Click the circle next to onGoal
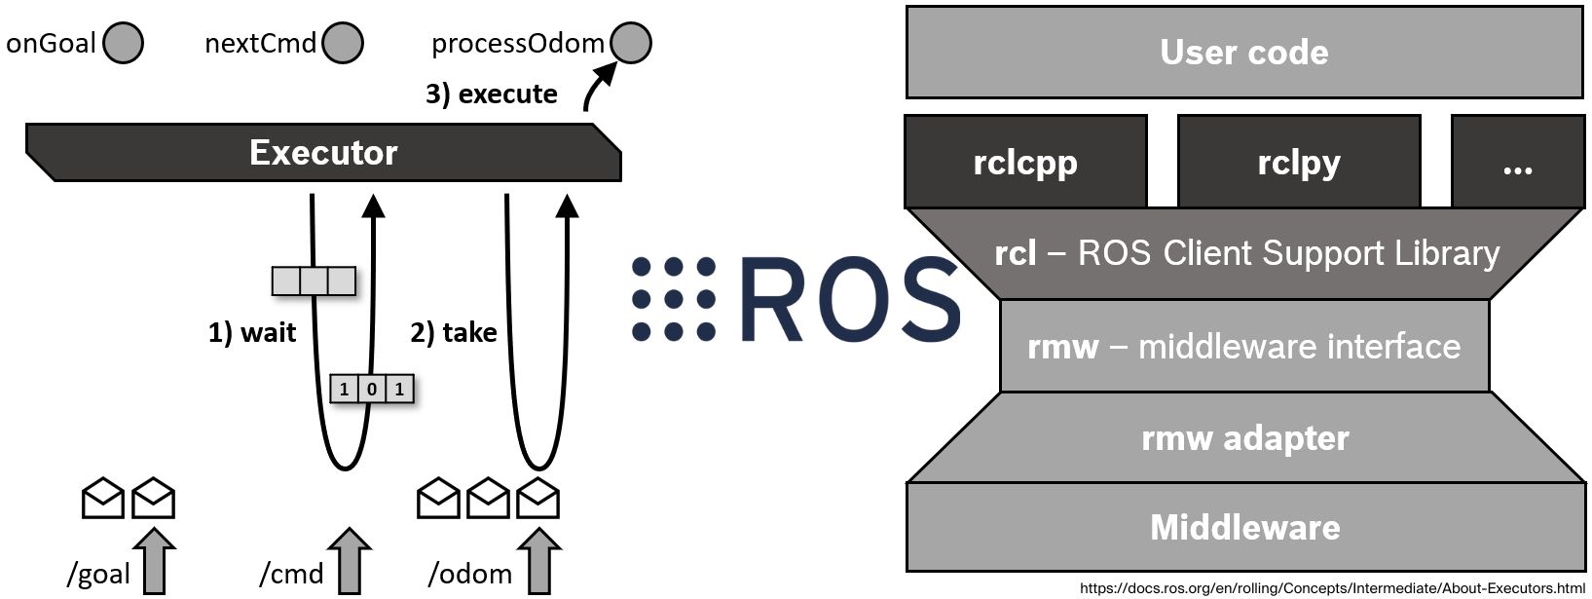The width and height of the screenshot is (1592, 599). (x=124, y=44)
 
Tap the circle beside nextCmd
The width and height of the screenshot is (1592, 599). (x=343, y=44)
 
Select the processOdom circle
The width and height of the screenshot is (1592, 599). (x=631, y=44)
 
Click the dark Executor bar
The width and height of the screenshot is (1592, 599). (x=323, y=153)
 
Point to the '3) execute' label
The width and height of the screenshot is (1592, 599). (x=491, y=94)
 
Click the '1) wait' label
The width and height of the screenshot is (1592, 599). (x=251, y=333)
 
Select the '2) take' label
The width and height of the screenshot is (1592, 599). (x=453, y=333)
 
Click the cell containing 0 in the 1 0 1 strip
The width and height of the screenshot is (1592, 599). (x=372, y=390)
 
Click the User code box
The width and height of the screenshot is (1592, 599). (x=1243, y=53)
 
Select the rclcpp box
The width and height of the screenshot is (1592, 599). (x=1025, y=163)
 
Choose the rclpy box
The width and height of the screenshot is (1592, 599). (x=1298, y=163)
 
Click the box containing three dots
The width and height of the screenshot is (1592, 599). (x=1517, y=163)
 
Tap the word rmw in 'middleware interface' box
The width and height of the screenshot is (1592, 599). (x=1062, y=347)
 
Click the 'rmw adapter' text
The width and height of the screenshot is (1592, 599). (x=1244, y=438)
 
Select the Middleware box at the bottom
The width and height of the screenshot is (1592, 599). (x=1244, y=527)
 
